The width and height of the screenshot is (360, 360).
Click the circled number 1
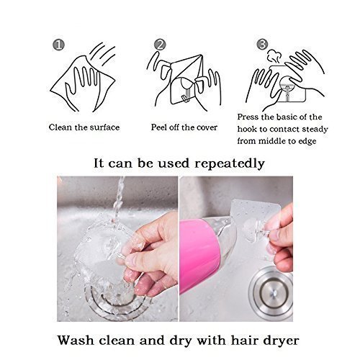pyautogui.click(x=58, y=45)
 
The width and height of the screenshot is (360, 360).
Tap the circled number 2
pyautogui.click(x=160, y=45)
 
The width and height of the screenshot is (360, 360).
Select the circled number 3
pyautogui.click(x=262, y=44)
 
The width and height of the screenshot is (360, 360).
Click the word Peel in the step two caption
pyautogui.click(x=158, y=127)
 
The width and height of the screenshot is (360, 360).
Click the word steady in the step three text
pyautogui.click(x=315, y=129)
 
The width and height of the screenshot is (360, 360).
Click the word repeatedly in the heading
pyautogui.click(x=230, y=164)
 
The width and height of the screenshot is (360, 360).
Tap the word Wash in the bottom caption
pyautogui.click(x=76, y=340)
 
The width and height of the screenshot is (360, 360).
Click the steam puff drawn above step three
pyautogui.click(x=274, y=55)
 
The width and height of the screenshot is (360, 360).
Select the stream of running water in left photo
pyautogui.click(x=119, y=199)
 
